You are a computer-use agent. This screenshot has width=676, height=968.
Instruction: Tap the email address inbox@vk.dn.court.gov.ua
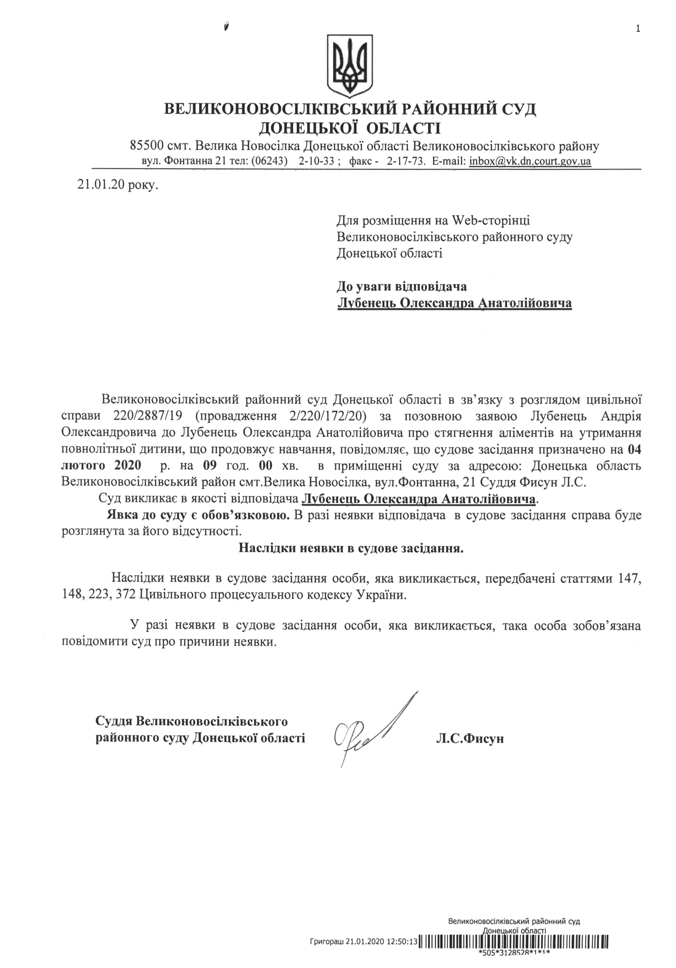tap(530, 161)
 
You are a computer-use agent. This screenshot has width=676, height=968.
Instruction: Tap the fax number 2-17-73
tap(405, 161)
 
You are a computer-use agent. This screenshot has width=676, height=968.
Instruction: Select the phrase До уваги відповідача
tap(401, 287)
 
